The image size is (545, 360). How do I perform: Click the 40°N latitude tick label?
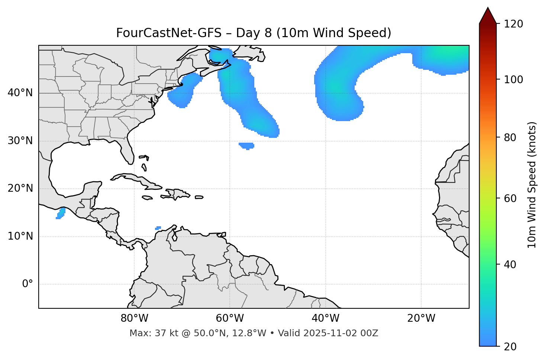20,93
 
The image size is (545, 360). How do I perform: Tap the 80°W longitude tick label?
134,318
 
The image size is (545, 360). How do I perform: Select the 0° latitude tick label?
28,284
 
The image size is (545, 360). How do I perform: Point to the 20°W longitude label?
421,318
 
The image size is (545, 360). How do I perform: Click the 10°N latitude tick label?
20,236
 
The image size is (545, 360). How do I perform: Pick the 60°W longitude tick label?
230,318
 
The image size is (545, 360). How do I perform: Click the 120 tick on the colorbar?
513,24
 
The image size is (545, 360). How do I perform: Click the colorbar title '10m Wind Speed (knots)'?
532,185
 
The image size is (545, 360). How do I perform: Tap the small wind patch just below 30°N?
246,146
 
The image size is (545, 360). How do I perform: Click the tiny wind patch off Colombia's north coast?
158,228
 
